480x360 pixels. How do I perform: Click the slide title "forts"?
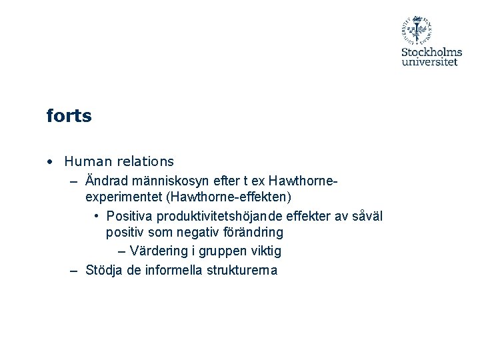pyautogui.click(x=69, y=117)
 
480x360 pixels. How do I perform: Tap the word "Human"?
pyautogui.click(x=85, y=161)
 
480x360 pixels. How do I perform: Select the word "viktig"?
pyautogui.click(x=264, y=251)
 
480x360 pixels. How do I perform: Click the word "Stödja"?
pyautogui.click(x=104, y=270)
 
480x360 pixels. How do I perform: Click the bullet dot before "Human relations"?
pyautogui.click(x=51, y=162)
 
